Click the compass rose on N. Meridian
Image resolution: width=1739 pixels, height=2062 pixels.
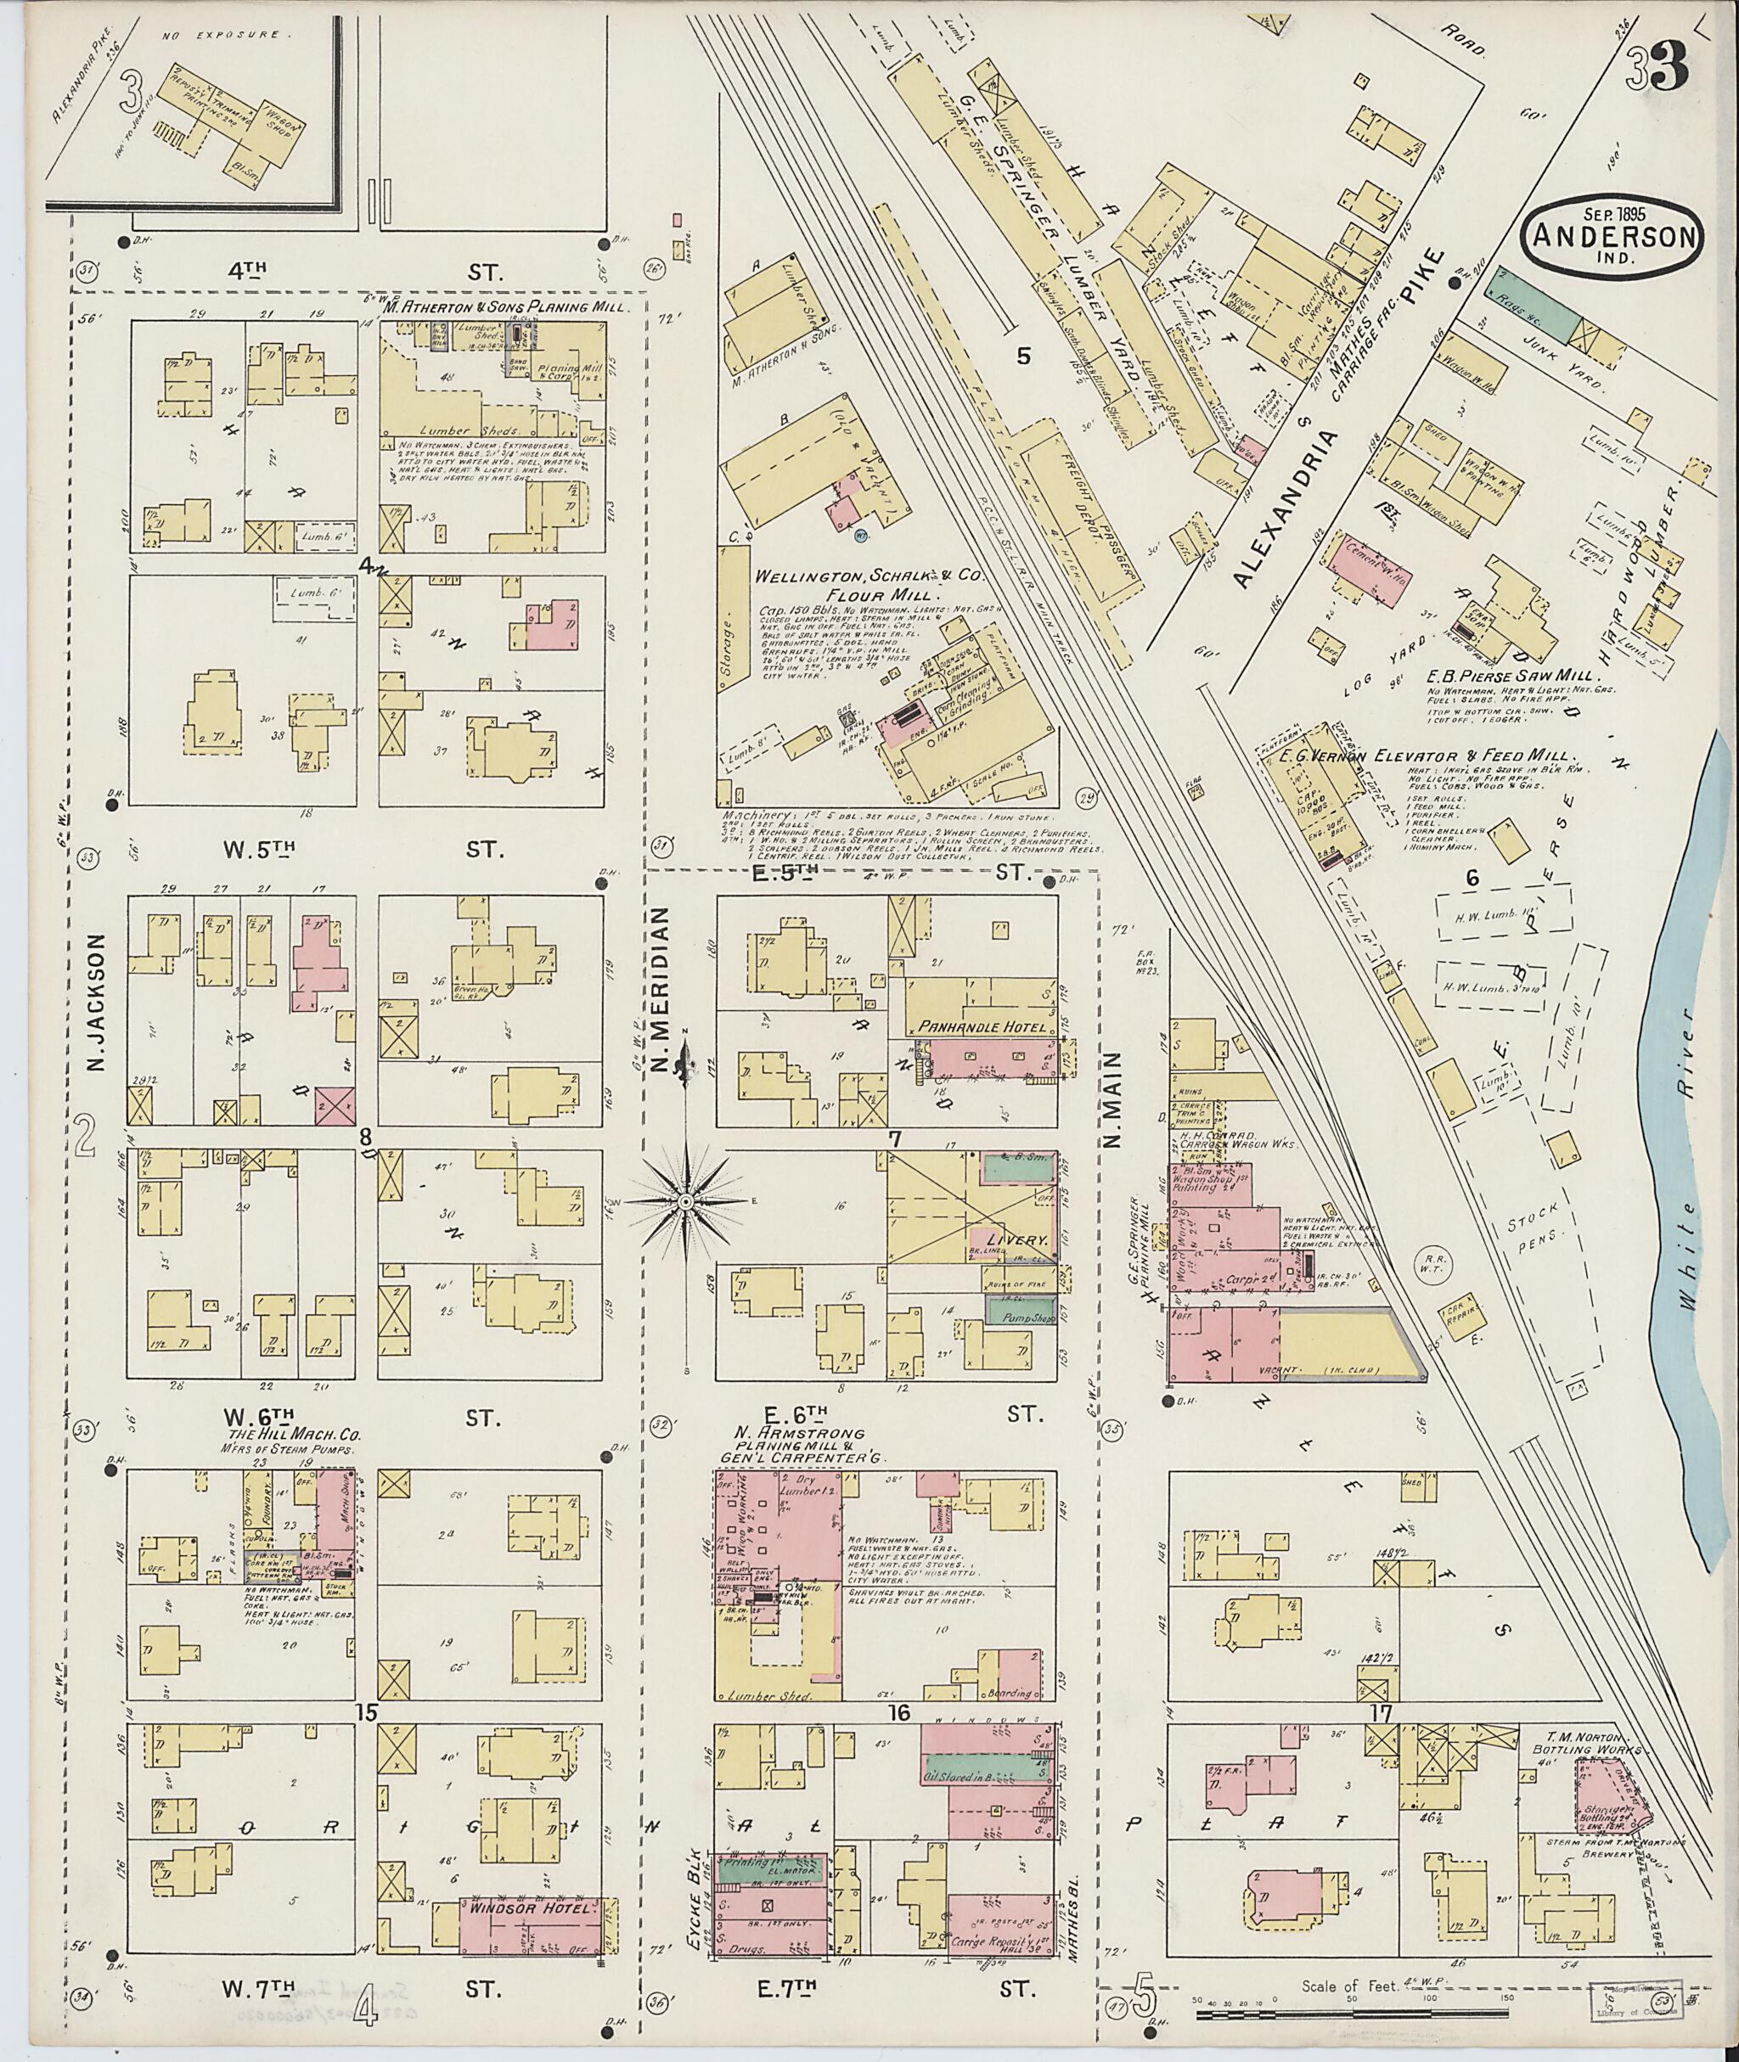coord(684,1203)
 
